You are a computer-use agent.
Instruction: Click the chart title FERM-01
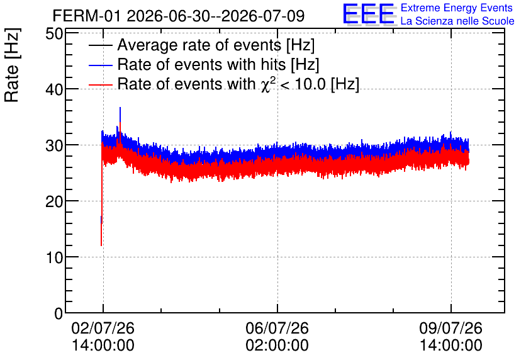pyautogui.click(x=86, y=16)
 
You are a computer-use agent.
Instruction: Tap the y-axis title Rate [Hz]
pyautogui.click(x=12, y=65)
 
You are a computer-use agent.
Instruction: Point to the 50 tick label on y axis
pyautogui.click(x=54, y=33)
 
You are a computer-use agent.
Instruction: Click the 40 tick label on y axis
pyautogui.click(x=54, y=89)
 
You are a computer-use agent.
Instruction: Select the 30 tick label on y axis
pyautogui.click(x=54, y=145)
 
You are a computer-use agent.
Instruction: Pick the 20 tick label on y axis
pyautogui.click(x=54, y=201)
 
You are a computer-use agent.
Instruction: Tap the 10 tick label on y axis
pyautogui.click(x=54, y=257)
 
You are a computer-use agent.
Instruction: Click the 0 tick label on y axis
pyautogui.click(x=59, y=313)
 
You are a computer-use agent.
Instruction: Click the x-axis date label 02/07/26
pyautogui.click(x=103, y=328)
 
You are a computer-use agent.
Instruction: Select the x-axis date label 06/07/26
pyautogui.click(x=277, y=328)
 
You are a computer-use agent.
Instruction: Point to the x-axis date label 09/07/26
pyautogui.click(x=451, y=328)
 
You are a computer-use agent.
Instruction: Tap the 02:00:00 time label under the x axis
pyautogui.click(x=277, y=345)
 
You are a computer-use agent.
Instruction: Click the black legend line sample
pyautogui.click(x=100, y=45)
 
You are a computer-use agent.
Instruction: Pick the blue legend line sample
pyautogui.click(x=100, y=65)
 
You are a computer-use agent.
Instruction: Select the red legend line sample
pyautogui.click(x=100, y=84)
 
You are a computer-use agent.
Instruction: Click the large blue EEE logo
pyautogui.click(x=369, y=14)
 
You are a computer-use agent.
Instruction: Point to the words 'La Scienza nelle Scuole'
pyautogui.click(x=457, y=21)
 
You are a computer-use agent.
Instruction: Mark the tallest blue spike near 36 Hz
pyautogui.click(x=120, y=114)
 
